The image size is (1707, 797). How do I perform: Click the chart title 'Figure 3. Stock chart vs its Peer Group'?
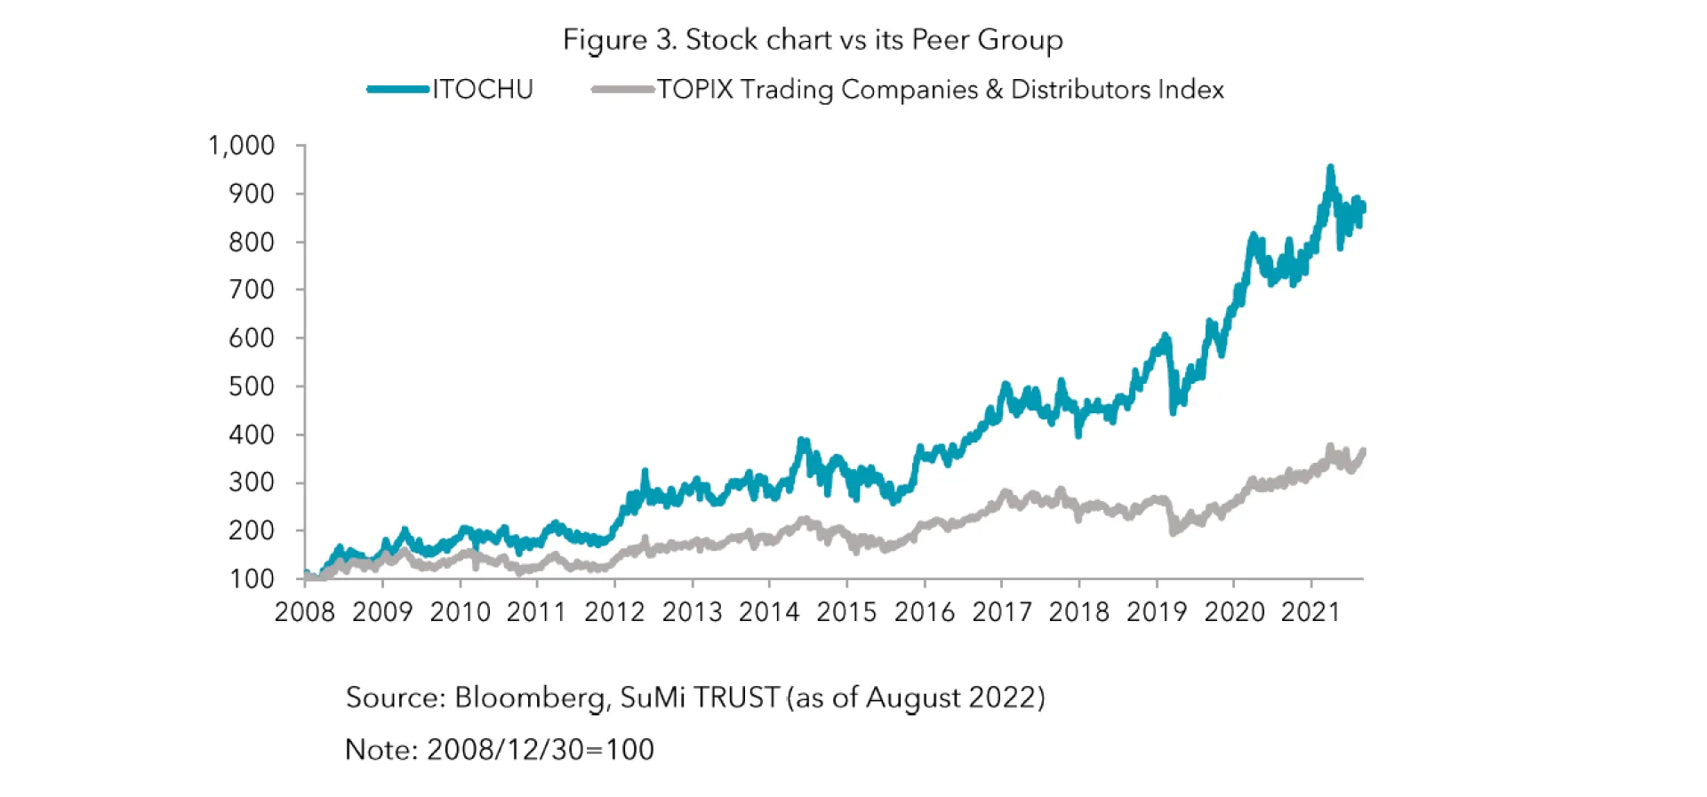point(813,40)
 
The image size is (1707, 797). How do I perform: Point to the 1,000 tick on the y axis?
point(242,146)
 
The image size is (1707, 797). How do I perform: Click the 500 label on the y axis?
point(252,387)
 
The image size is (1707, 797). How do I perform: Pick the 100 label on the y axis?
point(252,579)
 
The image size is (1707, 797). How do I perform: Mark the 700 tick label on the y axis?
point(252,290)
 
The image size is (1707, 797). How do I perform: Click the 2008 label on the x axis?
point(305,612)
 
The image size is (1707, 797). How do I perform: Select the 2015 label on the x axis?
point(846,612)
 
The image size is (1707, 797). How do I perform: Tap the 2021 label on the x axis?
point(1310,612)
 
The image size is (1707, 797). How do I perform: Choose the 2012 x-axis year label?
point(614,612)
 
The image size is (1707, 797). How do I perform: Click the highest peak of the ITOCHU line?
point(1330,168)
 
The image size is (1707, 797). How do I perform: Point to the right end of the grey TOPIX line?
point(1363,452)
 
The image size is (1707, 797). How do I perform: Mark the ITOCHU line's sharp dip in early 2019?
point(1174,410)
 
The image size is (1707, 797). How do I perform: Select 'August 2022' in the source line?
point(950,697)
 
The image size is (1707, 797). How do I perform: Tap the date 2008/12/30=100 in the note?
point(541,750)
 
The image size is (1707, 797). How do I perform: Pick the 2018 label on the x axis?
point(1078,612)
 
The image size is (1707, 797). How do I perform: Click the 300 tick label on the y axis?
point(252,482)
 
